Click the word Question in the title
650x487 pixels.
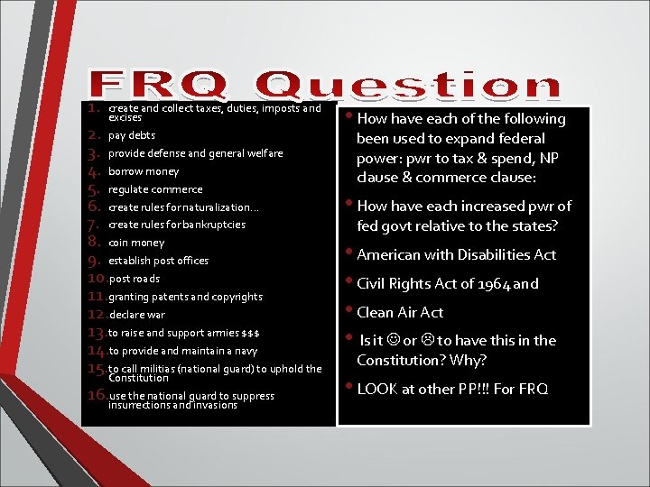click(x=408, y=86)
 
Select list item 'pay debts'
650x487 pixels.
click(x=132, y=136)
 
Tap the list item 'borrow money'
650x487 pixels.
click(x=144, y=171)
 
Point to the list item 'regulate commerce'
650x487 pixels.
click(x=155, y=189)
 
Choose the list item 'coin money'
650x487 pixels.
click(x=136, y=243)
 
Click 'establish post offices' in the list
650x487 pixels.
click(x=158, y=261)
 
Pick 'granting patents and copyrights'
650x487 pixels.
click(x=185, y=297)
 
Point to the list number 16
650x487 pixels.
click(x=95, y=395)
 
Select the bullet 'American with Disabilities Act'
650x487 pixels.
click(x=456, y=255)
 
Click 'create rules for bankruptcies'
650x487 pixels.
click(x=176, y=225)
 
